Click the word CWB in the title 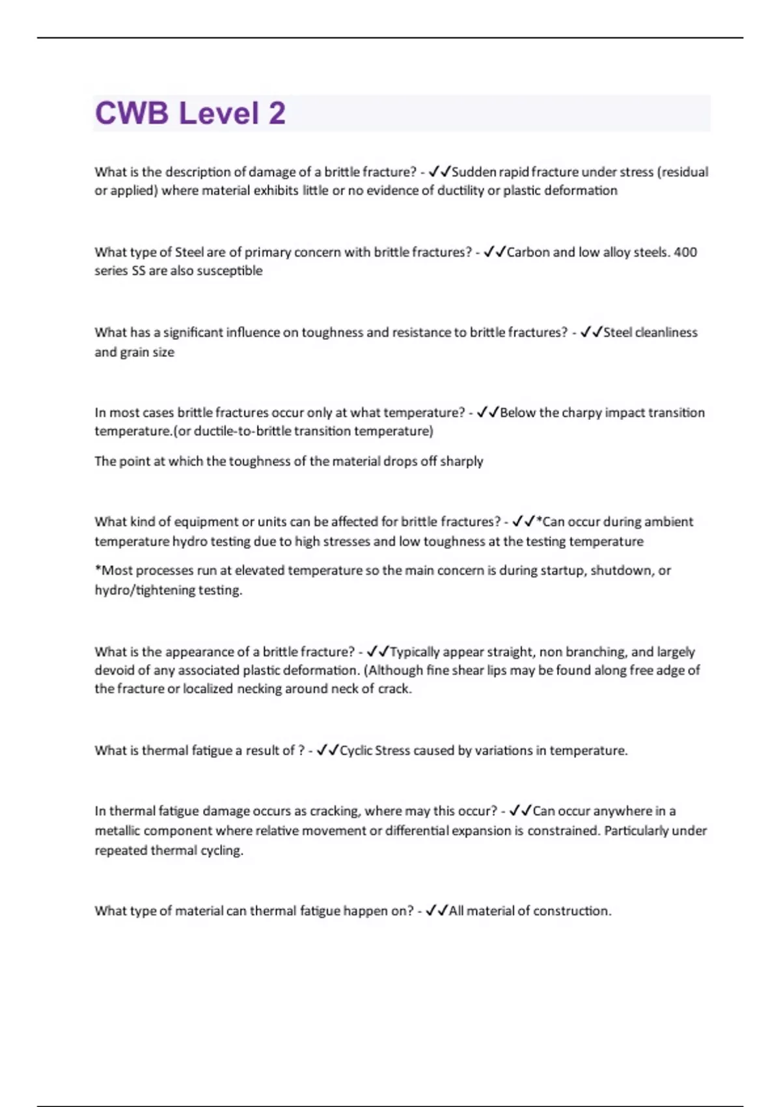click(132, 113)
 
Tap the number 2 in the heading click(277, 113)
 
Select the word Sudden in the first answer click(473, 172)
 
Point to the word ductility click(465, 191)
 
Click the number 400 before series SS click(685, 252)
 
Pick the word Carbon click(528, 252)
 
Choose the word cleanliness click(666, 332)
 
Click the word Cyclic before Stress click(356, 751)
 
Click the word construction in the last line click(571, 911)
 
